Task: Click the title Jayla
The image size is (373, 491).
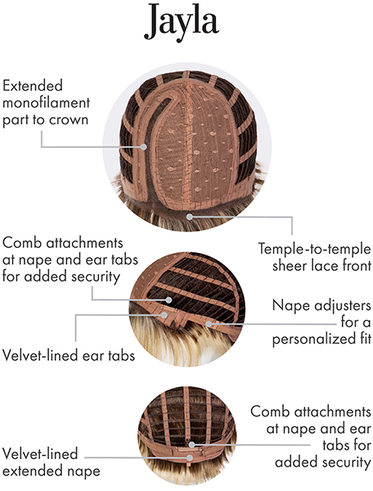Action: click(181, 22)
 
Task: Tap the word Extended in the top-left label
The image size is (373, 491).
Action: click(33, 85)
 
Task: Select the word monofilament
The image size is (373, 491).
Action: click(46, 102)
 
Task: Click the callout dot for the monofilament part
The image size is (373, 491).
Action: click(144, 146)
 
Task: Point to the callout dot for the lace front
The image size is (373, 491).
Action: click(190, 216)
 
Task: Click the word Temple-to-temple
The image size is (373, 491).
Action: click(314, 249)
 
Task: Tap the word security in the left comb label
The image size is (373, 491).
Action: click(96, 277)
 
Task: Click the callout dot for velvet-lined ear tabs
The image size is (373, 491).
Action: click(164, 315)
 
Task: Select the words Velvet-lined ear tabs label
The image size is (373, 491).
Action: click(69, 355)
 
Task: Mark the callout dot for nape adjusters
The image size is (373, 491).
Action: click(209, 323)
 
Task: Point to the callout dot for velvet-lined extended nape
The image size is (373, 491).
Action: click(190, 457)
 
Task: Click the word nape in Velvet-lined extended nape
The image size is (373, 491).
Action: click(85, 471)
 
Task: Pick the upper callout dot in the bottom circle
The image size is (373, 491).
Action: click(192, 444)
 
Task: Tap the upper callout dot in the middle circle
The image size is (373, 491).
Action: click(169, 300)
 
